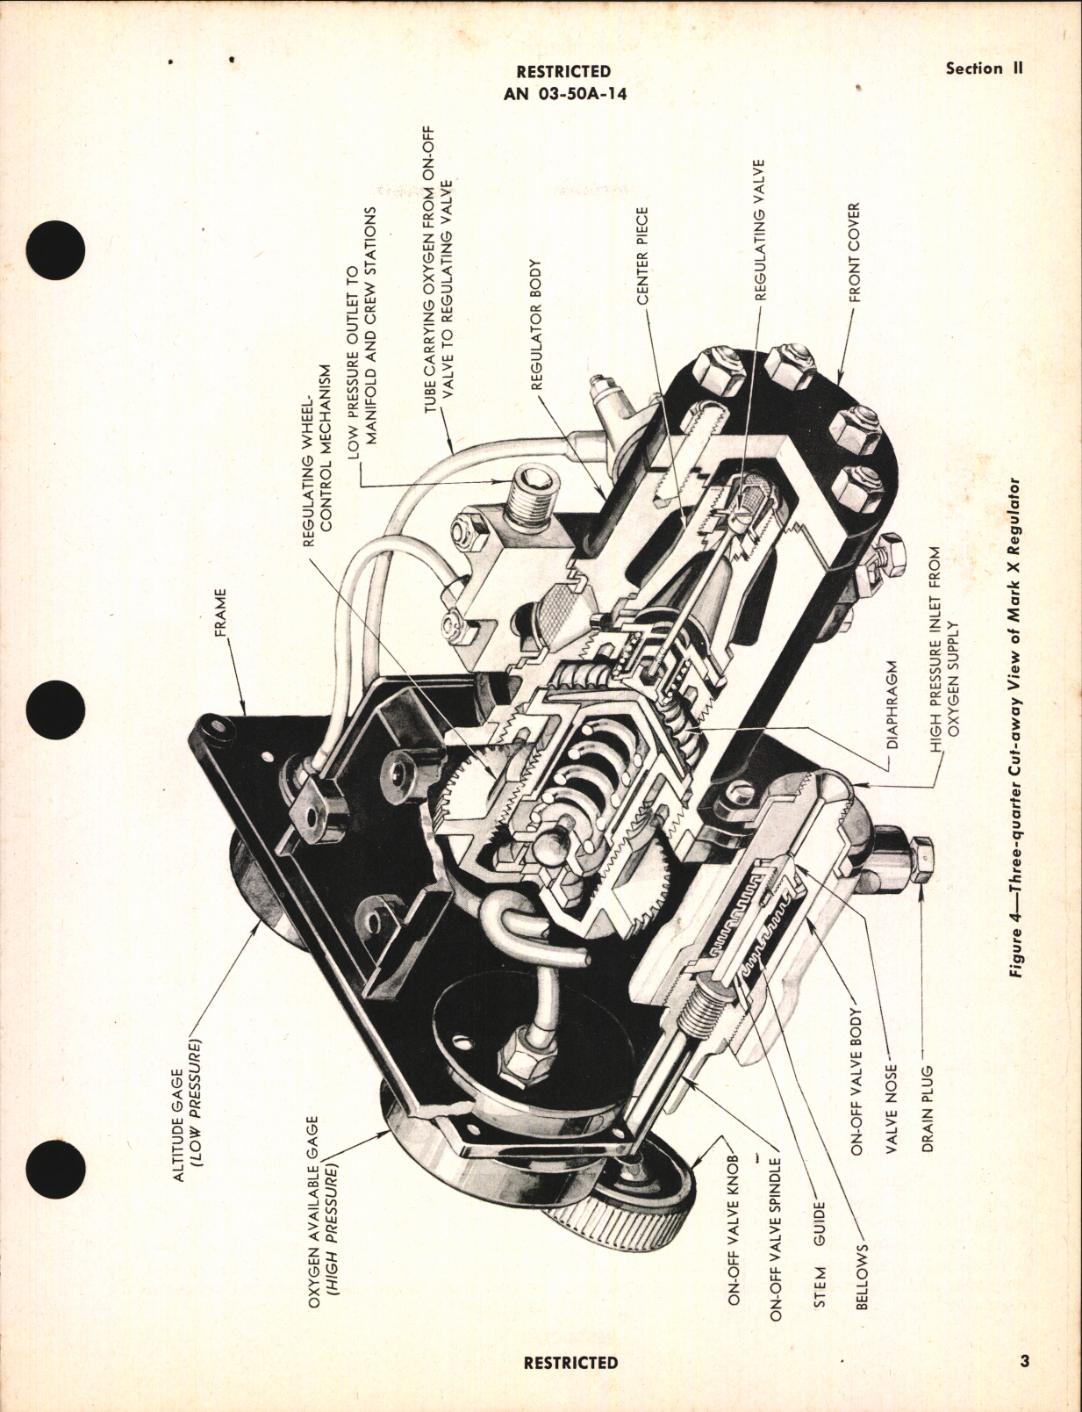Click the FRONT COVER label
click(854, 253)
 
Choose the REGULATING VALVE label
click(760, 230)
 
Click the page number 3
click(1024, 1362)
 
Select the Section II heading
click(985, 68)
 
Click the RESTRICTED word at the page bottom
click(570, 1363)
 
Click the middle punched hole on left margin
click(56, 710)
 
